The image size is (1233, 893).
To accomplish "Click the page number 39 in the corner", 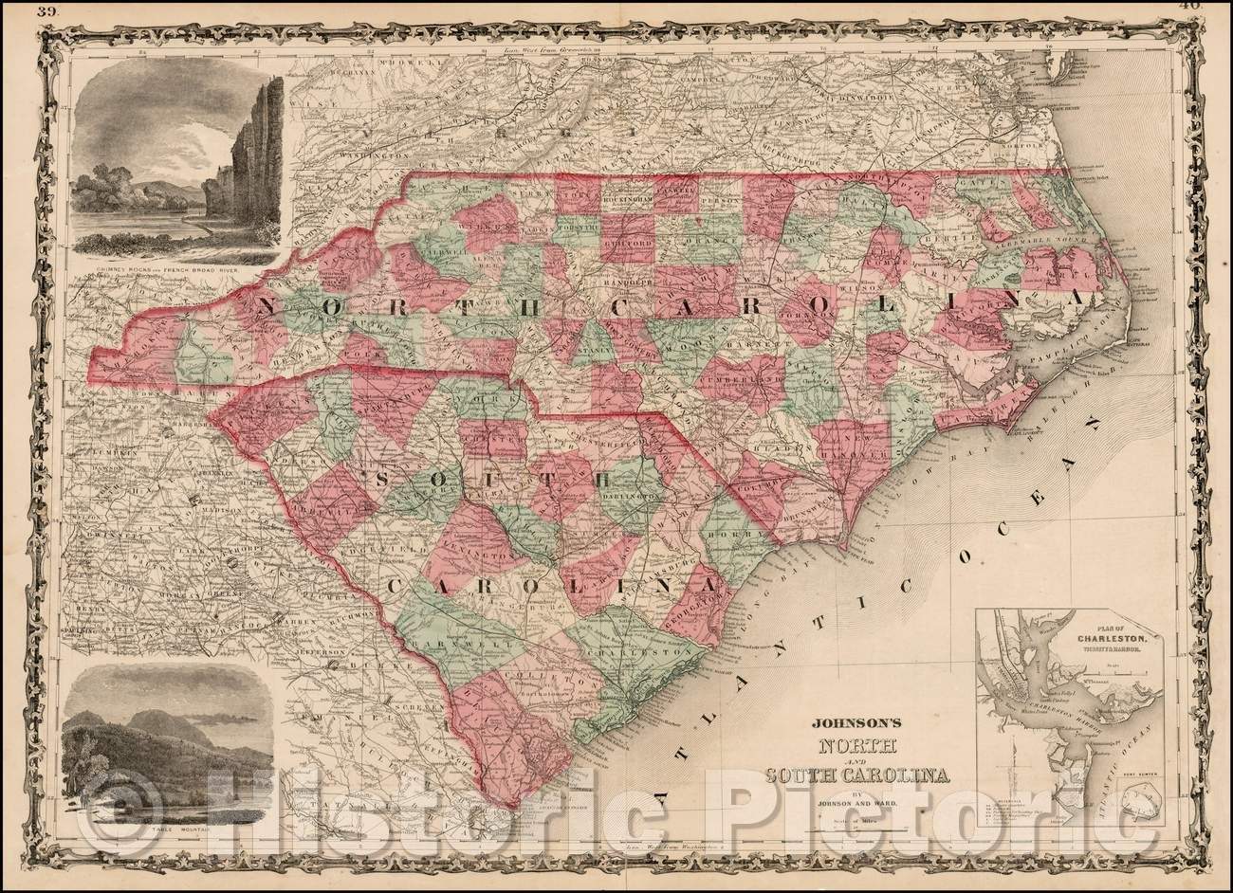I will coord(46,11).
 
